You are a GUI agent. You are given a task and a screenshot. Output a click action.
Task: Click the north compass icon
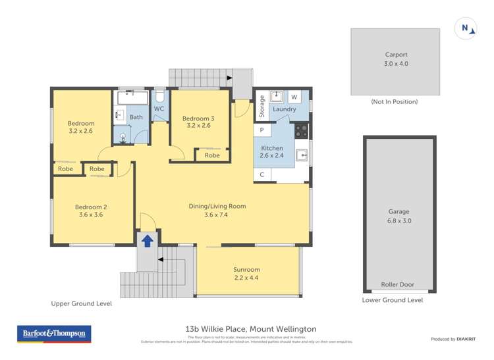coord(466,28)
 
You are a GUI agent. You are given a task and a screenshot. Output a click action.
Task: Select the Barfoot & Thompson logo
coord(55,334)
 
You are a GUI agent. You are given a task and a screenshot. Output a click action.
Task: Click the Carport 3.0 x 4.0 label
coord(396,59)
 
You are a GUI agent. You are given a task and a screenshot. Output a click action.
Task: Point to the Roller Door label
coord(398,285)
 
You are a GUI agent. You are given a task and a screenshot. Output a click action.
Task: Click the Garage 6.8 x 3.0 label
coord(398,216)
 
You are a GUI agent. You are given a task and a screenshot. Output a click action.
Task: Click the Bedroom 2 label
coord(92,211)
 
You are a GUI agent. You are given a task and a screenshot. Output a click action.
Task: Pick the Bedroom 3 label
coord(198,122)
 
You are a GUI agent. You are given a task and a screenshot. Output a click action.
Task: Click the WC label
coord(159,109)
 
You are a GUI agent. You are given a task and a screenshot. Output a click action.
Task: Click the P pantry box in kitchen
coord(261,131)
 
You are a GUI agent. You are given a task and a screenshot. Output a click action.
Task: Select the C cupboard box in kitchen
coord(261,174)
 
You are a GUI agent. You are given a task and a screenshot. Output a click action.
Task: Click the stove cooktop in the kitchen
coord(301,130)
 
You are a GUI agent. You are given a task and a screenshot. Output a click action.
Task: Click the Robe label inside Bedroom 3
coord(211,155)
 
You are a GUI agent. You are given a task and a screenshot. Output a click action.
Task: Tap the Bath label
coord(136,117)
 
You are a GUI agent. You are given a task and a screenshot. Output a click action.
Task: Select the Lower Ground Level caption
coord(393,300)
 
